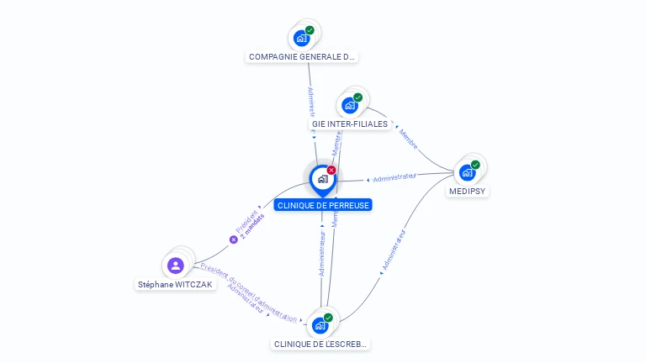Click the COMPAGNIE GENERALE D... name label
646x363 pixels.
pyautogui.click(x=302, y=57)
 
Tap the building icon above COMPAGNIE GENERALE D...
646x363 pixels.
pyautogui.click(x=301, y=38)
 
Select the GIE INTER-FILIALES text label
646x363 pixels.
pyautogui.click(x=350, y=124)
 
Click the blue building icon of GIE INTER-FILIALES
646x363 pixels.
pyautogui.click(x=350, y=106)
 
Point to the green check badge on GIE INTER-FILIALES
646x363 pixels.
pyautogui.click(x=358, y=97)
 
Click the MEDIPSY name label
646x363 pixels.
pyautogui.click(x=468, y=192)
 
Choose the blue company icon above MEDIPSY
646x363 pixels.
pyautogui.click(x=467, y=173)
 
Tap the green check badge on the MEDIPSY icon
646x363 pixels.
pyautogui.click(x=475, y=165)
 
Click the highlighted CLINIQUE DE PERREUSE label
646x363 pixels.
pyautogui.click(x=322, y=205)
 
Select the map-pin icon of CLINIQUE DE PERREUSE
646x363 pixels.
pyautogui.click(x=322, y=179)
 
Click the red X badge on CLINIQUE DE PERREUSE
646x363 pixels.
pyautogui.click(x=331, y=171)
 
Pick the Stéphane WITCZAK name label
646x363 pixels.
pyautogui.click(x=176, y=285)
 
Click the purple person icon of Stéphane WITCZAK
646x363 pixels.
pyautogui.click(x=176, y=266)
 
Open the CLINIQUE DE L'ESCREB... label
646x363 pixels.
pyautogui.click(x=320, y=345)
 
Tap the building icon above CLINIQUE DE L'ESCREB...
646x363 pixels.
pyautogui.click(x=320, y=325)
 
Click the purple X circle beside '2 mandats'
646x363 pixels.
pyautogui.click(x=234, y=239)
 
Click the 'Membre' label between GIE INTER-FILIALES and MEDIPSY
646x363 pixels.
pyautogui.click(x=408, y=139)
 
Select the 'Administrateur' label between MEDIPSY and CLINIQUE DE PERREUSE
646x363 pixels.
pyautogui.click(x=394, y=177)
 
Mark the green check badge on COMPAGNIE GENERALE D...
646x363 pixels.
pyautogui.click(x=310, y=30)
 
